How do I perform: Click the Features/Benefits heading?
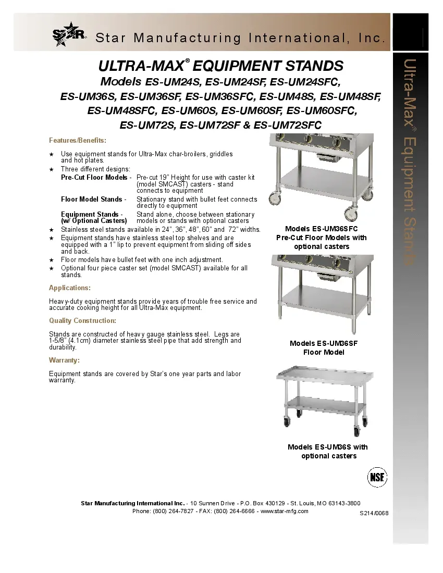pos(78,141)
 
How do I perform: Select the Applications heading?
pos(70,288)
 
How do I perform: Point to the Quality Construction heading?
pos(82,321)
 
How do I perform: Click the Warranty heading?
pos(64,360)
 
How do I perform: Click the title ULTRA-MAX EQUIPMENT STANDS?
pos(221,66)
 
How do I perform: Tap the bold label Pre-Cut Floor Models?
pos(94,178)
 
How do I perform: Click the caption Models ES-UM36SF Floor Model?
pos(324,348)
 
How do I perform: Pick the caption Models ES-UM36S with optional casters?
pos(328,452)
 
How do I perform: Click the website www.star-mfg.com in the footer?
pos(284,511)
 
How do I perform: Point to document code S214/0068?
pos(374,513)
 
